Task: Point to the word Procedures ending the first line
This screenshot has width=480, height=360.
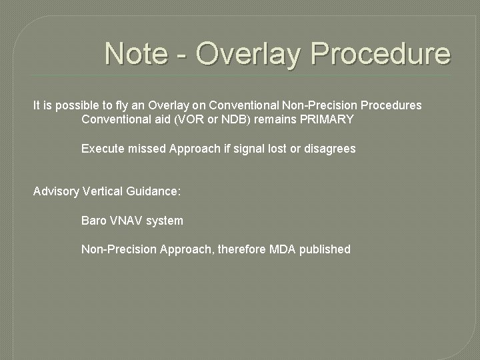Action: point(391,105)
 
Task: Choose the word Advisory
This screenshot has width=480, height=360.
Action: point(56,191)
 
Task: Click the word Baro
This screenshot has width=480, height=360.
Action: point(94,220)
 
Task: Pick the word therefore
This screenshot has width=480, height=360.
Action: point(242,249)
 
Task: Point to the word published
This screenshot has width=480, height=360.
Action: point(325,249)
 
